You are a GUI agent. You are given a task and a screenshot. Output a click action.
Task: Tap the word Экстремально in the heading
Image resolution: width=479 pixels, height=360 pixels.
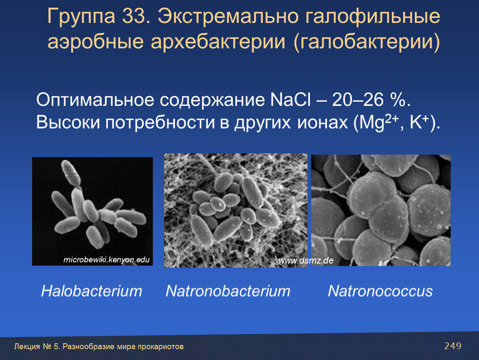(x=228, y=17)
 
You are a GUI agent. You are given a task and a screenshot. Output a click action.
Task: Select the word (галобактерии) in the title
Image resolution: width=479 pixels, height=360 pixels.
(x=367, y=42)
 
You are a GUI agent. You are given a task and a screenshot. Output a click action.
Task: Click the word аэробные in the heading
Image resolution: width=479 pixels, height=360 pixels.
(x=96, y=42)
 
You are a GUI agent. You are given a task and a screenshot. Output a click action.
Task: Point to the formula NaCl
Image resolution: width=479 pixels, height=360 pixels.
(x=290, y=100)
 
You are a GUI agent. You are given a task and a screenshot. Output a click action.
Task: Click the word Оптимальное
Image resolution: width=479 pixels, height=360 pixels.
(x=95, y=100)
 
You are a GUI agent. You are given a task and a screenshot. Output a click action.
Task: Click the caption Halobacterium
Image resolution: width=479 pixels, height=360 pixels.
(x=92, y=291)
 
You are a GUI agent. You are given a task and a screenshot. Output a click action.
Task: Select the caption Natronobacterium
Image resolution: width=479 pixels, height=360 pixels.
(x=228, y=291)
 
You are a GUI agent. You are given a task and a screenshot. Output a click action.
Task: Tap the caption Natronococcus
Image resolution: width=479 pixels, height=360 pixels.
(x=380, y=291)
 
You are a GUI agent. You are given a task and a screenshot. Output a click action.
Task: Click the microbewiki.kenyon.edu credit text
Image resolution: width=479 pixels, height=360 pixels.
(x=106, y=260)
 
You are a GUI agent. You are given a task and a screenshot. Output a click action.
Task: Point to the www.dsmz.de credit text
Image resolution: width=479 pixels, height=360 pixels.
(x=306, y=261)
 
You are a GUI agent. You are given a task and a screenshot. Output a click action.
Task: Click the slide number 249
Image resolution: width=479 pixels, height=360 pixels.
(x=453, y=346)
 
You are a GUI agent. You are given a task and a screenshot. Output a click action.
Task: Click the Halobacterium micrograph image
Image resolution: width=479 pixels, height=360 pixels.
(x=92, y=211)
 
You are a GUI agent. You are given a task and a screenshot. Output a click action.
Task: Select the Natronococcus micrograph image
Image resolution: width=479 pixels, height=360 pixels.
(x=381, y=210)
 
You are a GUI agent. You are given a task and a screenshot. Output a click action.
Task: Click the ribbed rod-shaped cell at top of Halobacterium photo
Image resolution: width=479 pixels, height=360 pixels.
(x=71, y=173)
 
